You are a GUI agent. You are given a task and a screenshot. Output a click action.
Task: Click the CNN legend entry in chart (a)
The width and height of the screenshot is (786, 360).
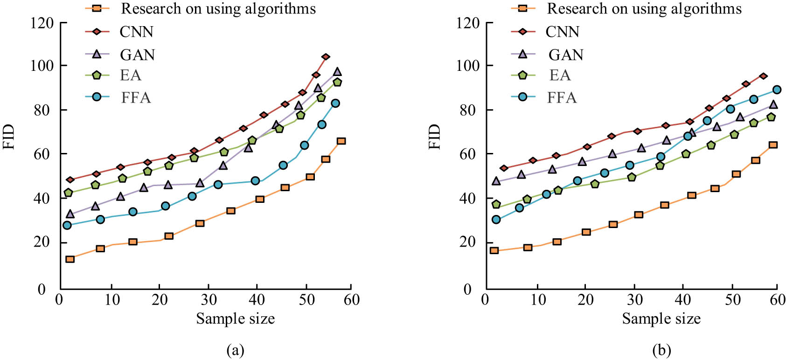pos(136,32)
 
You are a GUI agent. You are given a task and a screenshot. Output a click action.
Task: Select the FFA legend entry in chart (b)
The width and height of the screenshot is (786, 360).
pos(562,97)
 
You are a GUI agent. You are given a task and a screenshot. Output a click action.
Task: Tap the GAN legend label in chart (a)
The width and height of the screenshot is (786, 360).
pos(137,55)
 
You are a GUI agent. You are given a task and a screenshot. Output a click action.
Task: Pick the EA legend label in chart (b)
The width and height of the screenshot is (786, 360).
pos(559,75)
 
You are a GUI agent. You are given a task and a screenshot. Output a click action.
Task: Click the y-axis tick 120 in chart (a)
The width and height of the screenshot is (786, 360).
pos(42,23)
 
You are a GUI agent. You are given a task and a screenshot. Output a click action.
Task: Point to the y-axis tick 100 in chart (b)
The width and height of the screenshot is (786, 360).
pos(468,66)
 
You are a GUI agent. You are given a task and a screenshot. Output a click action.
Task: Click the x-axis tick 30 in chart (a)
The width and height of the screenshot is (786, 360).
pos(209,300)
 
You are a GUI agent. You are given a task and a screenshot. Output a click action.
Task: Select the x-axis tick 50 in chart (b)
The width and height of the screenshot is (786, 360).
pos(732,300)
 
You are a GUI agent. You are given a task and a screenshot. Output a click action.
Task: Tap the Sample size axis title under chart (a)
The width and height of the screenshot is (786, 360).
pos(235,319)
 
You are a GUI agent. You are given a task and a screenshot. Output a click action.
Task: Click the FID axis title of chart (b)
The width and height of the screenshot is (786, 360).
pos(434,137)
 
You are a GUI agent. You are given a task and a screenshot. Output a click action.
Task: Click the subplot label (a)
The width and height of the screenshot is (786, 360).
pos(235,350)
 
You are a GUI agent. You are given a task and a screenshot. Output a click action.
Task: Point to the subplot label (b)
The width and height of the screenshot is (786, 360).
pos(661,350)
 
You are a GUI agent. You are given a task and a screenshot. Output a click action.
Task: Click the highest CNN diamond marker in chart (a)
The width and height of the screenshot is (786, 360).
pos(326,57)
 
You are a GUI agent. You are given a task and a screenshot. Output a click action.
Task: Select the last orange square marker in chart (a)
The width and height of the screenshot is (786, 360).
pos(341,141)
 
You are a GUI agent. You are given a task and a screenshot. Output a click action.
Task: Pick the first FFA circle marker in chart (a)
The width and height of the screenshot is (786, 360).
pos(67,225)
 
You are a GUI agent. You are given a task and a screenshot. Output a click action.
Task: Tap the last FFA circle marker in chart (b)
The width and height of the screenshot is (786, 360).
pos(777,90)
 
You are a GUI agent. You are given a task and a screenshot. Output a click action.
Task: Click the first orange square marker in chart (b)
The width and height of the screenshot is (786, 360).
pos(494,250)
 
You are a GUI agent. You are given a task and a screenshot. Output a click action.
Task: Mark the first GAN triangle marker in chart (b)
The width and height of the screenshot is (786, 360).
pos(496,181)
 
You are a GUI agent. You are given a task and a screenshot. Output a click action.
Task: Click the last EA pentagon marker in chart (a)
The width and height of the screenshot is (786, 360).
pos(337,82)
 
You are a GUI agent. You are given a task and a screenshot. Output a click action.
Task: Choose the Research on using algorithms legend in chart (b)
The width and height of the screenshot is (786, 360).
pos(644,8)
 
